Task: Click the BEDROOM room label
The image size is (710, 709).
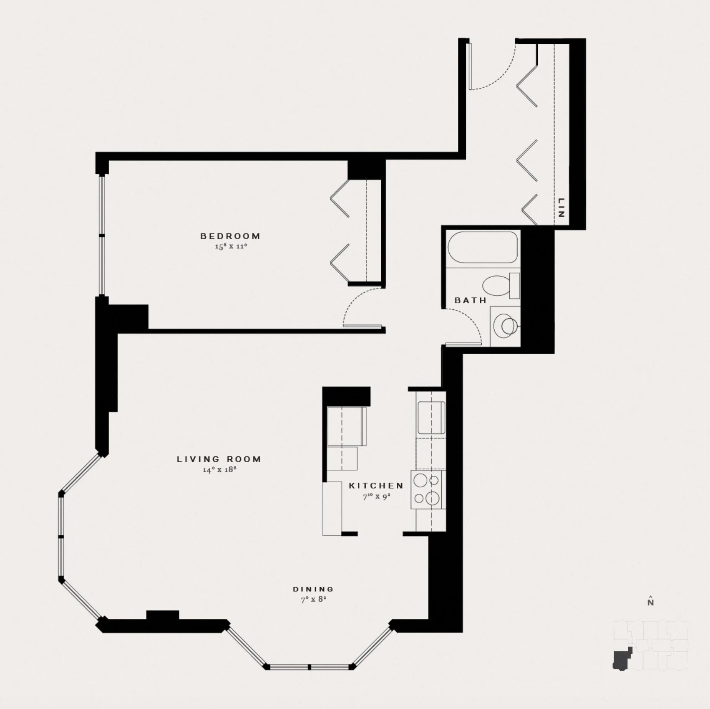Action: pos(230,236)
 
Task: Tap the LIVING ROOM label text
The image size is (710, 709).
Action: pos(219,459)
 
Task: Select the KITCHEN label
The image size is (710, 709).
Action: pos(376,486)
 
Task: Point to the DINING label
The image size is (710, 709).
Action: pos(313,589)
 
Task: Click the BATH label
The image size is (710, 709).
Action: pos(471,300)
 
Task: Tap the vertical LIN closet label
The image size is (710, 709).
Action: pos(561,208)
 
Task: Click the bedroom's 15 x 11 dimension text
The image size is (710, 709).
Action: pos(231,246)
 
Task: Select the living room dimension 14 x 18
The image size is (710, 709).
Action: pos(220,470)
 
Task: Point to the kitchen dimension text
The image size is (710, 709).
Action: pos(376,496)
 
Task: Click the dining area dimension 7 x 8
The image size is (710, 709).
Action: pos(314,600)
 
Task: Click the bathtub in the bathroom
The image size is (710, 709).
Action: pos(483,248)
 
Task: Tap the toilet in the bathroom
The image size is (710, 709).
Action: pos(501,285)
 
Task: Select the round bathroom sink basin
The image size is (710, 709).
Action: pos(506,326)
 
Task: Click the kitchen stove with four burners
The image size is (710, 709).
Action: pos(428,490)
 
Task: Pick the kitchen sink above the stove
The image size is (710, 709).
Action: pos(431,418)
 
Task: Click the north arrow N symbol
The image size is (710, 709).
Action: pos(650,601)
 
